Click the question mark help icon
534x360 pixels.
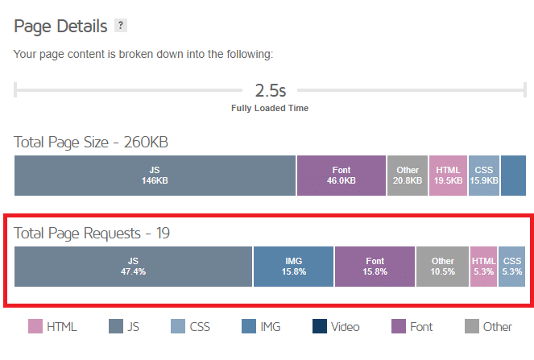[121, 26]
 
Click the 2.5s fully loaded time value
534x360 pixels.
[270, 89]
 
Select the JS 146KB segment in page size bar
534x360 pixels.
[155, 176]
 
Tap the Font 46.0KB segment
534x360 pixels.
[342, 176]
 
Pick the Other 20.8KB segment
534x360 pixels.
[408, 176]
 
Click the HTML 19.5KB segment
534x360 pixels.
[448, 176]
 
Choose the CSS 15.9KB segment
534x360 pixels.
[483, 176]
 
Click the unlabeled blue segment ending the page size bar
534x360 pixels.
[513, 176]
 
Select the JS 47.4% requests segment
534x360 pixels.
[134, 267]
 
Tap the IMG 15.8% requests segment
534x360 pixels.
[293, 267]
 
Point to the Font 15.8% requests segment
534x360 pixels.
[375, 267]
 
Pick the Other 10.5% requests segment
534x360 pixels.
[442, 267]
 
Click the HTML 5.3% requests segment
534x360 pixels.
[483, 267]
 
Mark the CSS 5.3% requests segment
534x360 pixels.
[511, 267]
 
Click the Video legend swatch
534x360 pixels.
[320, 326]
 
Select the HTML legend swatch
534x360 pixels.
[35, 326]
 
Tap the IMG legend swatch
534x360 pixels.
[249, 326]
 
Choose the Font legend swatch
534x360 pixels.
[398, 326]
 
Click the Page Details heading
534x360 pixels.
[60, 26]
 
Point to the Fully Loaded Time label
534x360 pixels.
[270, 108]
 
